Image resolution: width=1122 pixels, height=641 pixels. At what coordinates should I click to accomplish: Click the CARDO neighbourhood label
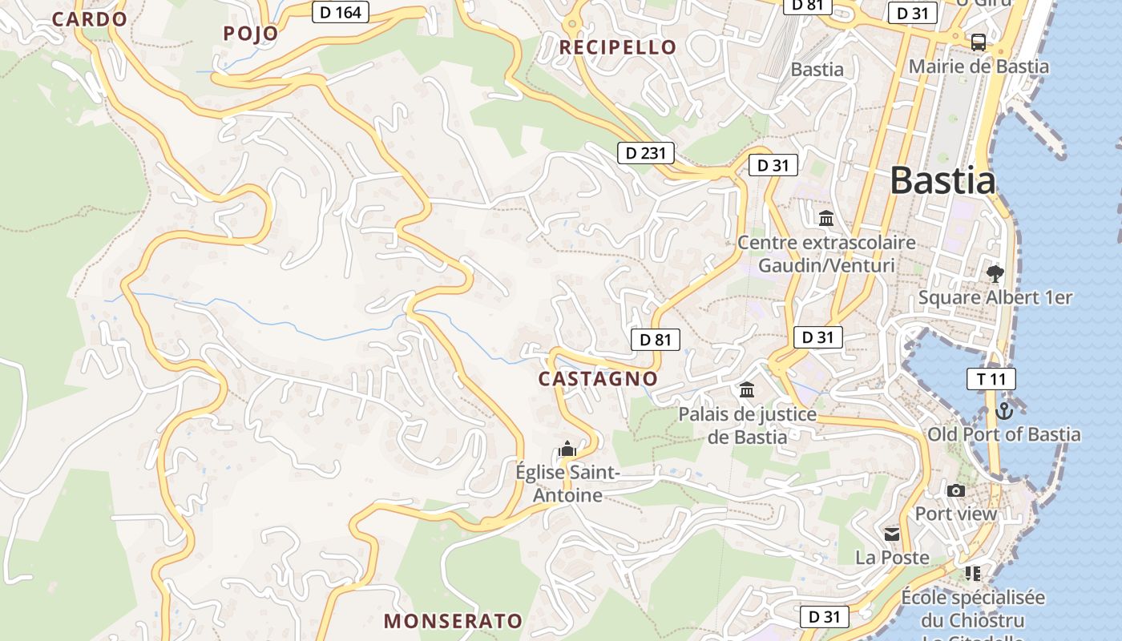click(x=89, y=19)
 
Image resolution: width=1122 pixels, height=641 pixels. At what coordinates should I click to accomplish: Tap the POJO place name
click(x=251, y=33)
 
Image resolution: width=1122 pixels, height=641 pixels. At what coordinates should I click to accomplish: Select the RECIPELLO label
click(x=618, y=47)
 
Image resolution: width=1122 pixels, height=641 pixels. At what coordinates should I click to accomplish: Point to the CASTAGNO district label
click(x=598, y=378)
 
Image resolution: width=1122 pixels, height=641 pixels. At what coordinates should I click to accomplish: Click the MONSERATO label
click(x=453, y=621)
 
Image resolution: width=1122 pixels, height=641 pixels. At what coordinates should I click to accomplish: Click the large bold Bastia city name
click(x=943, y=180)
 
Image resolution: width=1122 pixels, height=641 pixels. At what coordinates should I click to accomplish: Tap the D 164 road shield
click(x=340, y=12)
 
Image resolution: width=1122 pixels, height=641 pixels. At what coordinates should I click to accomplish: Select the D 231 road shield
click(x=645, y=152)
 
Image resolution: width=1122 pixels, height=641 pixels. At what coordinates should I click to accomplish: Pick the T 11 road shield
click(x=991, y=379)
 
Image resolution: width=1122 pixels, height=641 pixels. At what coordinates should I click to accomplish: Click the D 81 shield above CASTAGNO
click(x=655, y=340)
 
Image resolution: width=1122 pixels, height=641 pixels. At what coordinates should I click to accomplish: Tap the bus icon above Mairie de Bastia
click(x=978, y=42)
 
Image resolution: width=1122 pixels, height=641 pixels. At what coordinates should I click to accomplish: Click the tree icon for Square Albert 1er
click(x=995, y=274)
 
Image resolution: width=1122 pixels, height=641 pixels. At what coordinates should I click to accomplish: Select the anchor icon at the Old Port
click(x=1003, y=411)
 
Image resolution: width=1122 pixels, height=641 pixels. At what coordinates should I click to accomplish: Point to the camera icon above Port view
click(x=955, y=490)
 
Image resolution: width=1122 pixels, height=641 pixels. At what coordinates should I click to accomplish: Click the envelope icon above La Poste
click(x=892, y=534)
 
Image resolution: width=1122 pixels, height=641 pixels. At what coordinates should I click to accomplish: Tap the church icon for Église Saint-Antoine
click(x=567, y=449)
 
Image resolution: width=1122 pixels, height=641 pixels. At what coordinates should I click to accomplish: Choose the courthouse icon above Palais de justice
click(x=747, y=390)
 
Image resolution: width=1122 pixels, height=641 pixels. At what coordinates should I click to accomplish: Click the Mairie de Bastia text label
click(x=978, y=67)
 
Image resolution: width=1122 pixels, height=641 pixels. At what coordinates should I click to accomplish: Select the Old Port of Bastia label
click(x=1003, y=434)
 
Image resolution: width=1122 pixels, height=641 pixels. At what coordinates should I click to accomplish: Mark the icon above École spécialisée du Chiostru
click(x=972, y=573)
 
